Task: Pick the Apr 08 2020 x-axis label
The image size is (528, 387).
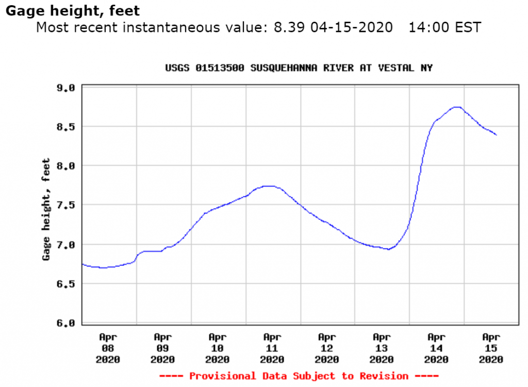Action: (x=108, y=348)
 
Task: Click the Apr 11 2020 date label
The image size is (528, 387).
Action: (x=272, y=348)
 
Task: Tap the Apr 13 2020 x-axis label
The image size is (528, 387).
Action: (x=381, y=348)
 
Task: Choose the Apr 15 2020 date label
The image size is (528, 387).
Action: (x=490, y=348)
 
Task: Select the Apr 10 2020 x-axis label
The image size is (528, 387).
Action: (x=217, y=348)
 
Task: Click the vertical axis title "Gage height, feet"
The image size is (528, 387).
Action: (x=46, y=209)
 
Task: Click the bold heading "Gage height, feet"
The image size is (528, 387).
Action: (x=72, y=11)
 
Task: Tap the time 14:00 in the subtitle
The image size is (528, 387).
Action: (x=425, y=27)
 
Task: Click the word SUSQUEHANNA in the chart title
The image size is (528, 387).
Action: (x=282, y=68)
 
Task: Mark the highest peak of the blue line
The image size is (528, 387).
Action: (x=456, y=107)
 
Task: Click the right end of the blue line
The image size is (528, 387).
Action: (x=497, y=135)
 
